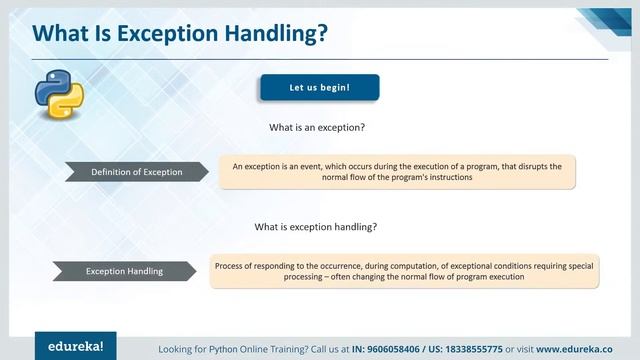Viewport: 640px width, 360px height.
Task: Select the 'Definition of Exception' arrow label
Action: point(137,172)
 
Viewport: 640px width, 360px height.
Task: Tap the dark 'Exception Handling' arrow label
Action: point(125,271)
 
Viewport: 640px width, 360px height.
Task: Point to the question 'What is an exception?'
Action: point(316,128)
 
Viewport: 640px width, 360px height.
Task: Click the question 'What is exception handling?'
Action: point(316,227)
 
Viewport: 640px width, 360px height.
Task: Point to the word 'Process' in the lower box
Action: point(231,265)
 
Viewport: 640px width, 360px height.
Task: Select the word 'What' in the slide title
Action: point(60,33)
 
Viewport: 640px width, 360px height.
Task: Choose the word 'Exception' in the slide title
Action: point(160,33)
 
